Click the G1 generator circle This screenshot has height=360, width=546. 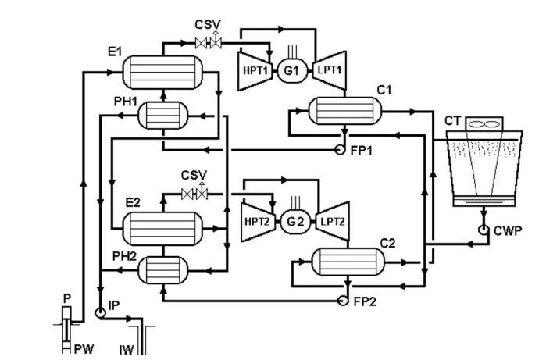click(x=292, y=69)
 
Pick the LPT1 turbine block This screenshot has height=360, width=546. click(x=330, y=68)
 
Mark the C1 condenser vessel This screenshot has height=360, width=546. click(x=349, y=112)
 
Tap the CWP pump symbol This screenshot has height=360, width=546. click(x=485, y=230)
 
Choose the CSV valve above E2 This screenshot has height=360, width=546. click(x=191, y=193)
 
